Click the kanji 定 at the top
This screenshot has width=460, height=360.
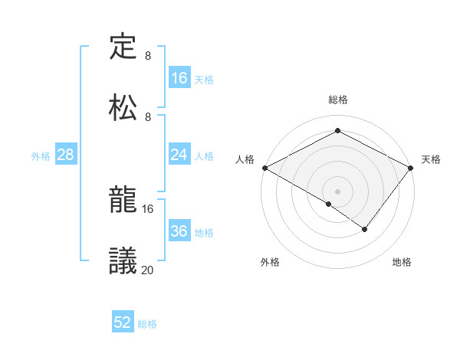(x=123, y=47)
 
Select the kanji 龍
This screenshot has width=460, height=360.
(x=123, y=201)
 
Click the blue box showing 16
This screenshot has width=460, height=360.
(x=179, y=77)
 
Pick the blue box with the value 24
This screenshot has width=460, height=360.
(x=179, y=155)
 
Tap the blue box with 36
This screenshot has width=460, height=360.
(x=179, y=231)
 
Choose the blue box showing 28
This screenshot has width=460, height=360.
(x=65, y=155)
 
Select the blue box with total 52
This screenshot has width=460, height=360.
(x=123, y=322)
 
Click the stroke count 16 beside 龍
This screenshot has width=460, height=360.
(x=148, y=208)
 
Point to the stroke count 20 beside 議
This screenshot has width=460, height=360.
(x=148, y=269)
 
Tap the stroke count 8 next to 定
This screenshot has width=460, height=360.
(x=148, y=56)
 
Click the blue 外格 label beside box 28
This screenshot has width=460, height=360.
(x=41, y=155)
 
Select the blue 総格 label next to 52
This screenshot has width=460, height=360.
(x=147, y=324)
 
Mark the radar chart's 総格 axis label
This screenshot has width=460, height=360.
(x=337, y=100)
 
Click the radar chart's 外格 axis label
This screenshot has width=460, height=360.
(x=270, y=262)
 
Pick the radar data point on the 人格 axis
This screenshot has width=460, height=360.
(x=264, y=168)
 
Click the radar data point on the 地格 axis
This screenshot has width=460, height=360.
(x=365, y=229)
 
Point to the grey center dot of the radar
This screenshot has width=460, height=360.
(x=337, y=191)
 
